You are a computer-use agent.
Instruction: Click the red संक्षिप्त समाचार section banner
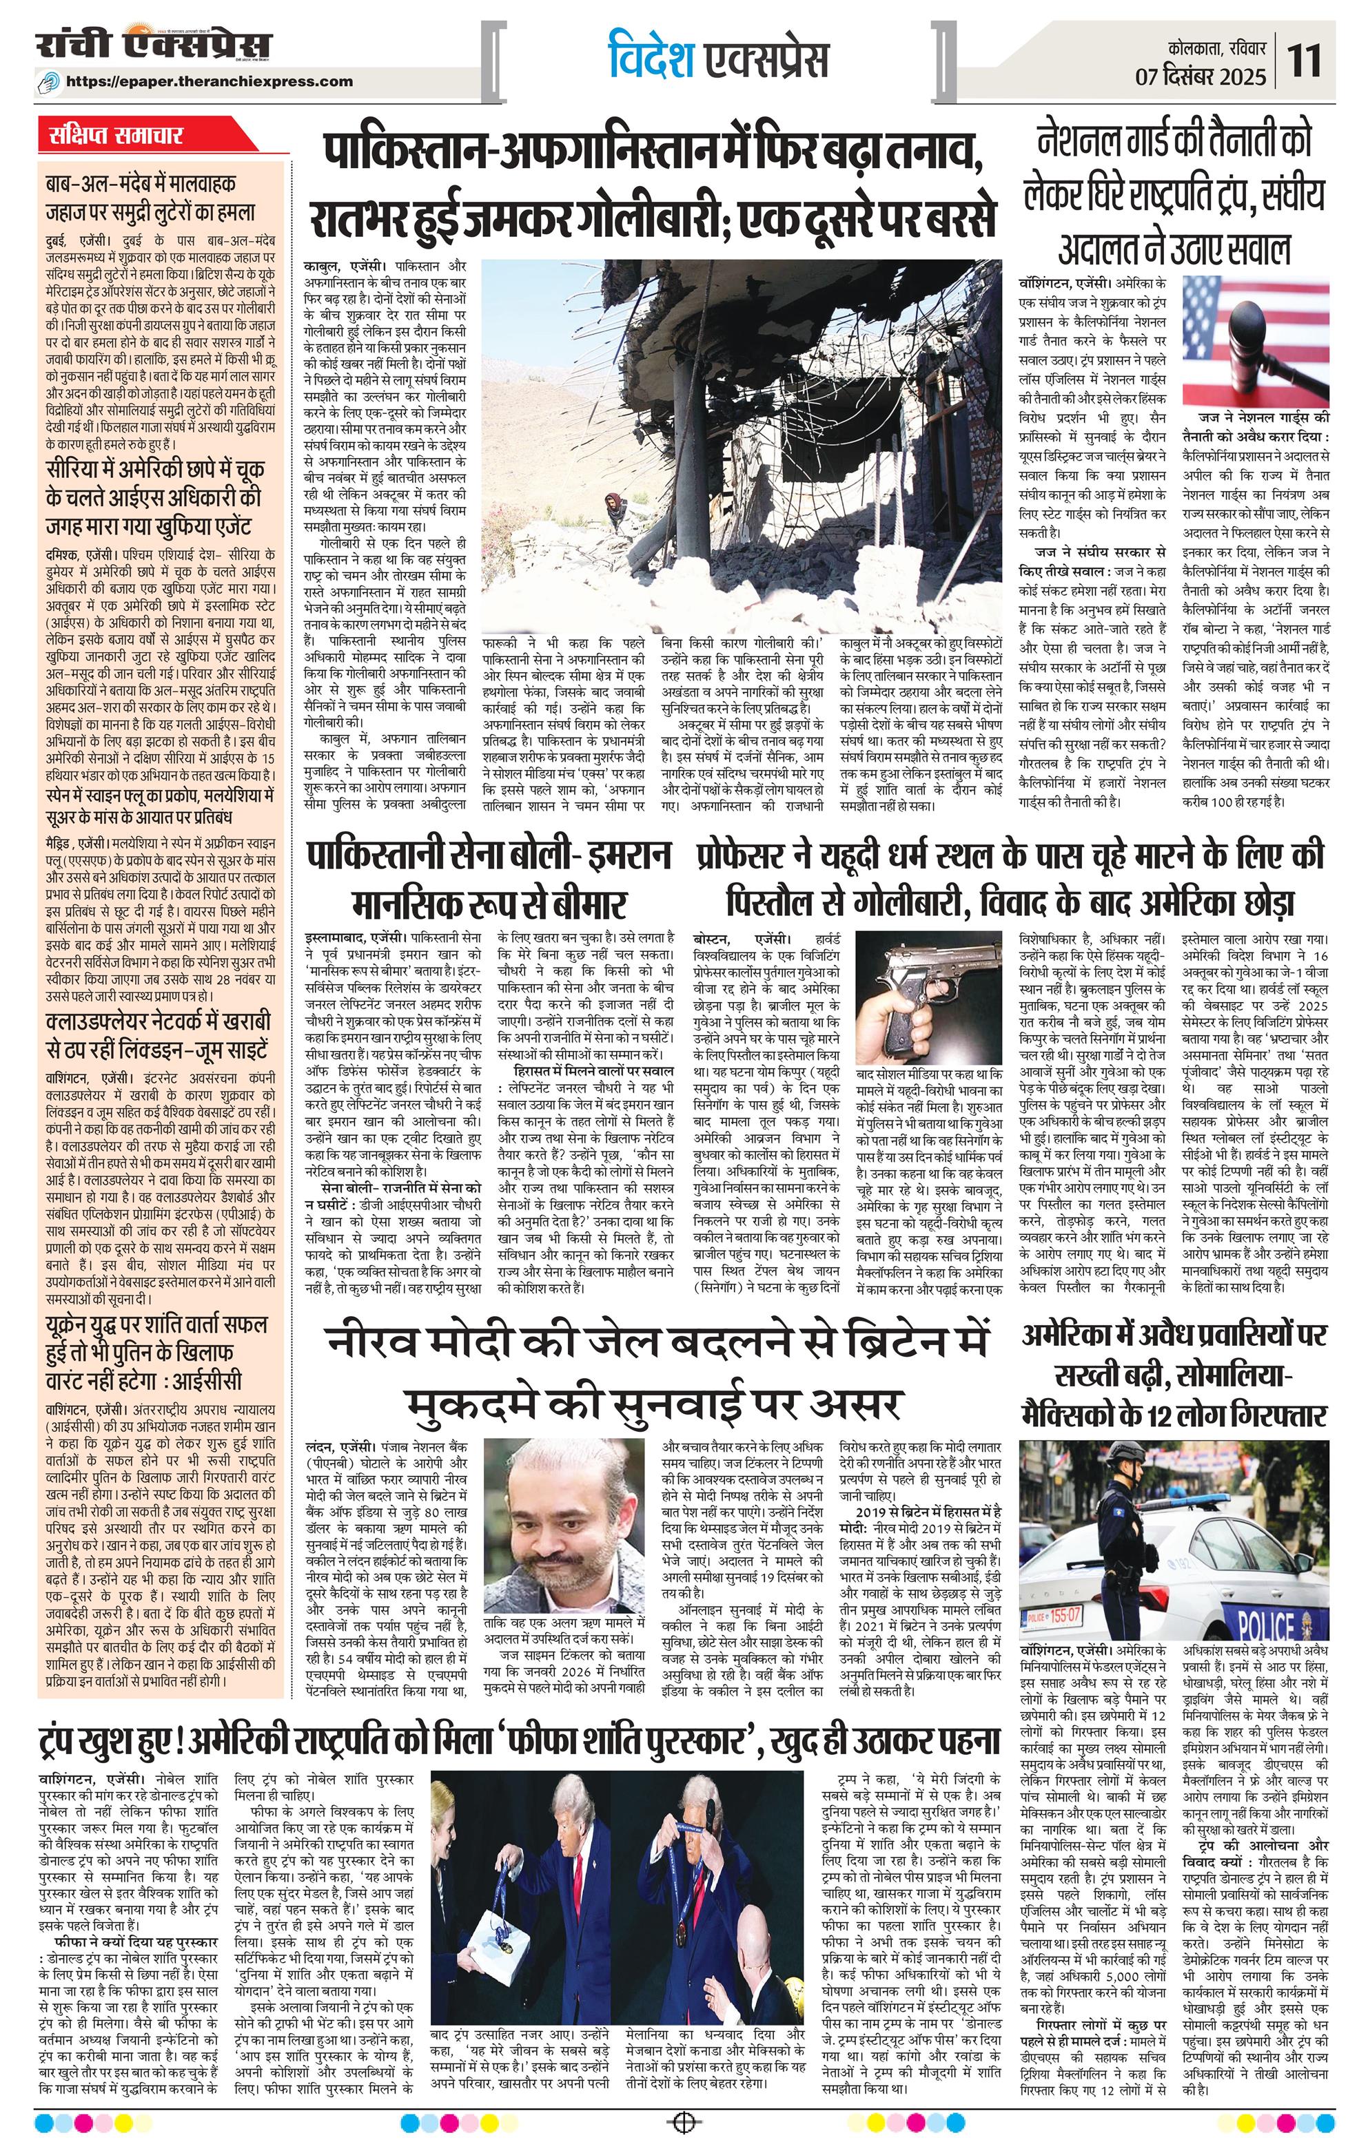[x=116, y=137]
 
